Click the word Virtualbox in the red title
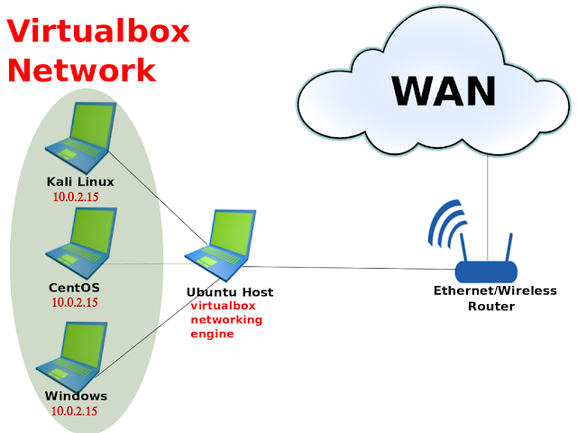point(99,32)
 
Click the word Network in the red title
point(82,69)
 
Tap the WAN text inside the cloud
point(444,90)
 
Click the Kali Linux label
point(80,182)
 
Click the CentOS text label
point(74,288)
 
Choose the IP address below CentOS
point(74,302)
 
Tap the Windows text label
point(76,396)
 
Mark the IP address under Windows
point(74,411)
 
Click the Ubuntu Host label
point(229,292)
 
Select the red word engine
point(212,334)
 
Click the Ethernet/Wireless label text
point(495,290)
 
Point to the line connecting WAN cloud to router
point(488,198)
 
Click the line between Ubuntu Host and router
point(352,268)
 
